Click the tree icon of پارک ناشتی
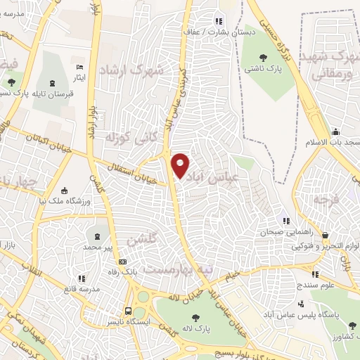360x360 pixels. point(264,58)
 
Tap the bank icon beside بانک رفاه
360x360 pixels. point(122,262)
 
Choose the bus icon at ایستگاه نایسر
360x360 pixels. point(128,310)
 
